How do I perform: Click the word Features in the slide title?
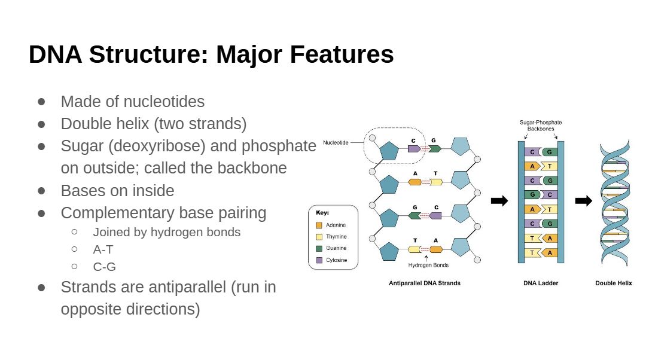tap(342, 54)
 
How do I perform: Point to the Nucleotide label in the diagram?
tap(336, 142)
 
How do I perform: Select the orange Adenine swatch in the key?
tap(319, 225)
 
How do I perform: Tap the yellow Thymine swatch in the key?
tap(319, 236)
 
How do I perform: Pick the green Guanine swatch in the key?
tap(319, 248)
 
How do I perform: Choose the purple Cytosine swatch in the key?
tap(319, 260)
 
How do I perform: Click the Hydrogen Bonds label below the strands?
tap(428, 266)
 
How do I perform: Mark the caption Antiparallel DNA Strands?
tap(425, 283)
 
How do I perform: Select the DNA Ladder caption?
tap(541, 283)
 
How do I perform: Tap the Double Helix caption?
tap(614, 283)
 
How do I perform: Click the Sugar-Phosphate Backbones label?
tap(541, 126)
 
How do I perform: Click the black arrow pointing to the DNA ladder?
tap(499, 201)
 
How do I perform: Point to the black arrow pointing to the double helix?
tap(583, 201)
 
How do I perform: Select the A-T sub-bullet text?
tap(103, 249)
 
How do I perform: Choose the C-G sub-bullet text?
tap(104, 267)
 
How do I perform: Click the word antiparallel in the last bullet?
tap(187, 287)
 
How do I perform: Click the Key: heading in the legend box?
tap(322, 213)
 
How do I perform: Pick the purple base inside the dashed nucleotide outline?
tap(415, 148)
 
